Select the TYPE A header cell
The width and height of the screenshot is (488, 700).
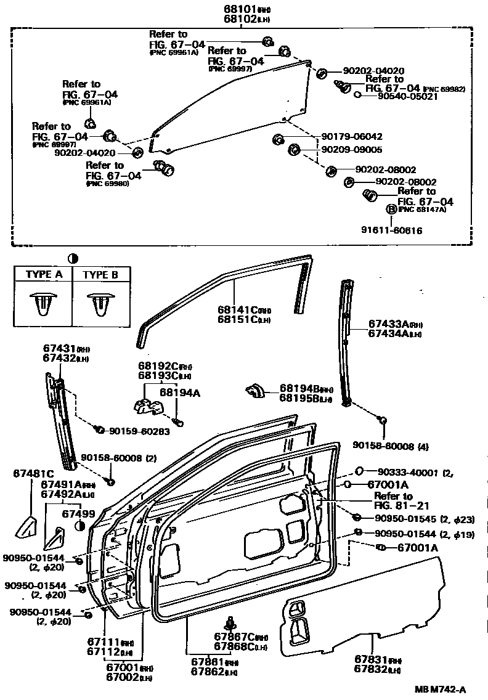[x=43, y=275]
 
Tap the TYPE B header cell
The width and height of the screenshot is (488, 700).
[x=100, y=275]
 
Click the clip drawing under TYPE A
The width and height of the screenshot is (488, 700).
[x=43, y=303]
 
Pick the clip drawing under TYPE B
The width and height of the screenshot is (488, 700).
[x=100, y=303]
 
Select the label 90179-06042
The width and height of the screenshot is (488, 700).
[x=352, y=137]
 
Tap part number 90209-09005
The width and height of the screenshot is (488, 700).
[x=352, y=150]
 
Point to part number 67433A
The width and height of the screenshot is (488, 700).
[x=389, y=324]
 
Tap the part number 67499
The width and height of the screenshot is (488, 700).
[x=79, y=513]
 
